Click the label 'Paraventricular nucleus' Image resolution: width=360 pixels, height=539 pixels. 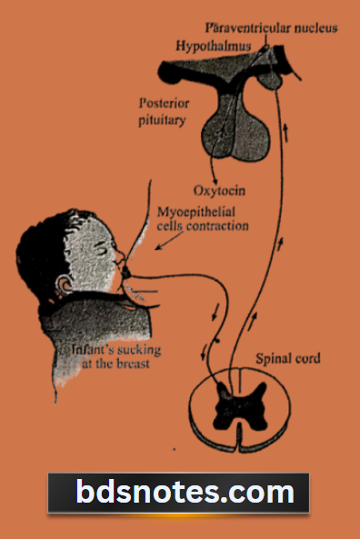point(271,27)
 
